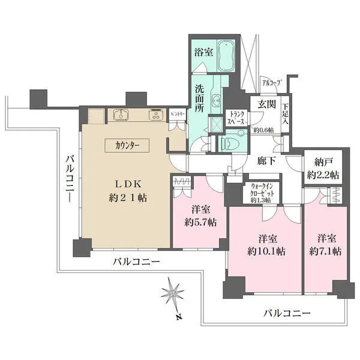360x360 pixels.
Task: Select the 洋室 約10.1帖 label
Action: [265, 244]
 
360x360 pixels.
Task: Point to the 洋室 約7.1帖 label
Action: [325, 244]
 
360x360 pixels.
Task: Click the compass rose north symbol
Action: [174, 293]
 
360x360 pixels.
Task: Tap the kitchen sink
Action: [119, 115]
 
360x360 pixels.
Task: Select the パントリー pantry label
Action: [176, 113]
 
